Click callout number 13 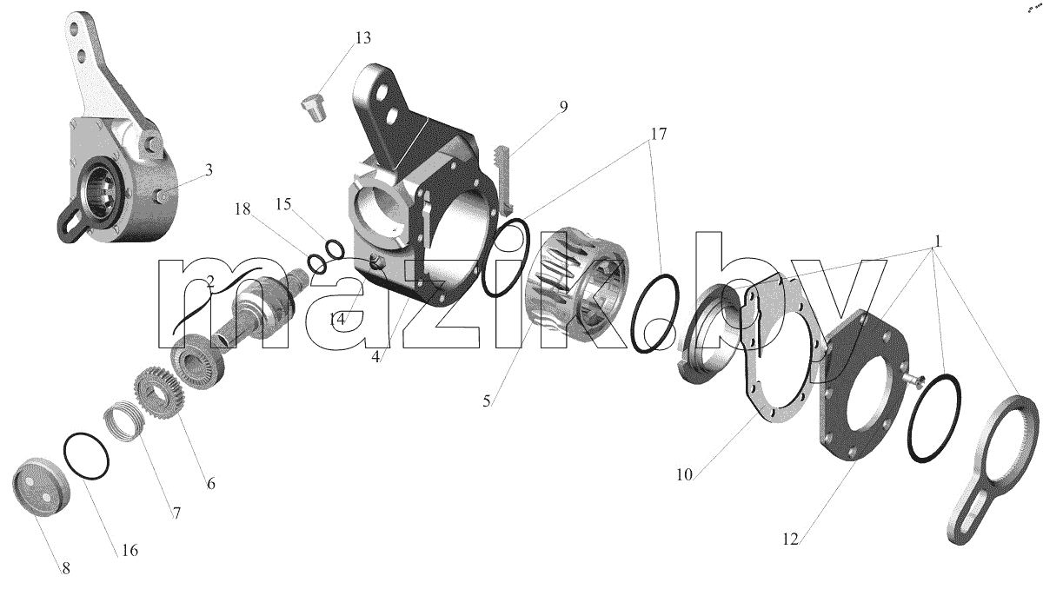[363, 37]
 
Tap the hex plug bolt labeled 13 [315, 107]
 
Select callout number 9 [563, 107]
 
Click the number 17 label [659, 134]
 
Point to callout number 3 [209, 170]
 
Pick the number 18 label [242, 209]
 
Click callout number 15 [283, 204]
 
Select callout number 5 [487, 400]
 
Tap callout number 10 [685, 475]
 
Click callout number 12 [791, 539]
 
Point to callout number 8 [66, 568]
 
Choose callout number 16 [130, 551]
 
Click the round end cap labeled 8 [41, 487]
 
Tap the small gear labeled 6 [159, 391]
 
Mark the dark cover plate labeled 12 [863, 386]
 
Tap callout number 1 [938, 242]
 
